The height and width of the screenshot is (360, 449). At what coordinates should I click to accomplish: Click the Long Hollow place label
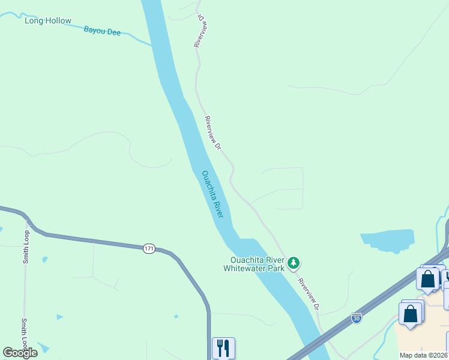coord(47,21)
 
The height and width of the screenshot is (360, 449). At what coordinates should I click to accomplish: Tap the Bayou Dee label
coord(102,30)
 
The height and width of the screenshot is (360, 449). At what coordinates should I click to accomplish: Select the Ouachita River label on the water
coord(212,194)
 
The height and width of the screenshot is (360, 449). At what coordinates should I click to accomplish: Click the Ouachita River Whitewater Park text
coord(253,264)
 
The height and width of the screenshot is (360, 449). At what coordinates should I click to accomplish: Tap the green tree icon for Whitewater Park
coord(294,263)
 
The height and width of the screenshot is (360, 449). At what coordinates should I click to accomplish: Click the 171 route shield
coord(150,248)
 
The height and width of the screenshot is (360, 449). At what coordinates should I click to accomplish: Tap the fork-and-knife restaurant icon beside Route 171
coord(223,347)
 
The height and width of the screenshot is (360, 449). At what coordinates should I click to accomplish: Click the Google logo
coord(20,353)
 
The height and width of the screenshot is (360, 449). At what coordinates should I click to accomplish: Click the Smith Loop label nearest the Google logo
coord(26,333)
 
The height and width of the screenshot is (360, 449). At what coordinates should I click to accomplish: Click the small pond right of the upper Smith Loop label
coord(45,260)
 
